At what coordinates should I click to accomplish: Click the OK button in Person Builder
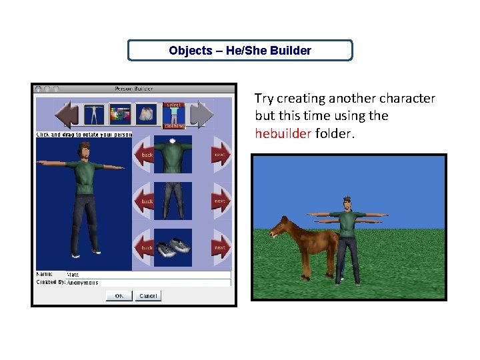point(119,295)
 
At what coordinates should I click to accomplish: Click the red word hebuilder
point(283,133)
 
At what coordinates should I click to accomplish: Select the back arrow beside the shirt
point(145,155)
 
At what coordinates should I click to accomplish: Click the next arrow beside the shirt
point(219,155)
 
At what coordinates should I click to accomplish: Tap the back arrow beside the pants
point(145,201)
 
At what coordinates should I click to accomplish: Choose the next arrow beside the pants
point(219,201)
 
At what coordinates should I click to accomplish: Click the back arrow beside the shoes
point(145,247)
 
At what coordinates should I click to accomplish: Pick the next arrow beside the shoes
point(219,247)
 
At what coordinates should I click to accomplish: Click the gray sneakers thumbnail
point(173,247)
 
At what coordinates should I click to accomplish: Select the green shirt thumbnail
point(173,155)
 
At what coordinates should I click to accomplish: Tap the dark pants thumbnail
point(173,201)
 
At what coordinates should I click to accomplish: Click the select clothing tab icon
point(173,114)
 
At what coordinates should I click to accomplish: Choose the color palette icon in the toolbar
point(120,114)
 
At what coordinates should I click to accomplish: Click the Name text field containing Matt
point(147,274)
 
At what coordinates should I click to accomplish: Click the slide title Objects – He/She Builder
point(240,51)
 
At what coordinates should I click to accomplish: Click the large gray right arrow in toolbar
point(201,114)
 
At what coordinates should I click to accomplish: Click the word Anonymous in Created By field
point(82,283)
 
